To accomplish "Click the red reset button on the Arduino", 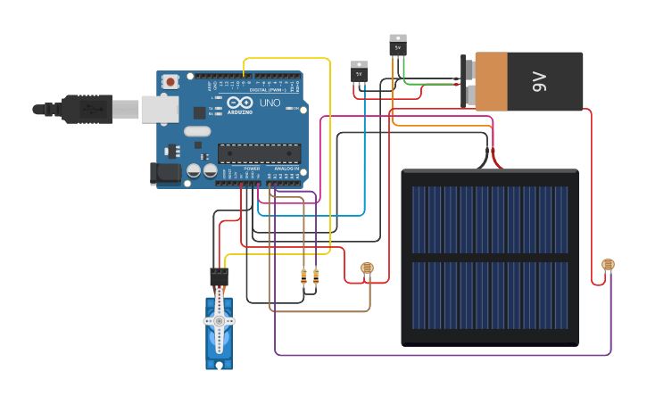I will (x=170, y=81).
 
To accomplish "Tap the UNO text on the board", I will (x=270, y=103).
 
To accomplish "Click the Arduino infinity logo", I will (x=239, y=103).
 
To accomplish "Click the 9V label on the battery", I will (x=539, y=82).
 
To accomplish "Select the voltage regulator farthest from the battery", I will (x=359, y=71).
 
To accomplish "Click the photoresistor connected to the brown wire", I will (x=367, y=268).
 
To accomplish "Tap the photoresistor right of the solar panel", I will (x=608, y=265).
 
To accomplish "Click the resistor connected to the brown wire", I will (x=303, y=276).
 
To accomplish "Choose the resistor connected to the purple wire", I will (x=316, y=276).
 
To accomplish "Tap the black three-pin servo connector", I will (x=219, y=276).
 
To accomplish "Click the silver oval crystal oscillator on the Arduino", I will (x=198, y=132).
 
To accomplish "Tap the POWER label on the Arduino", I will (x=252, y=169).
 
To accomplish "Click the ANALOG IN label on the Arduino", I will (x=286, y=169).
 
